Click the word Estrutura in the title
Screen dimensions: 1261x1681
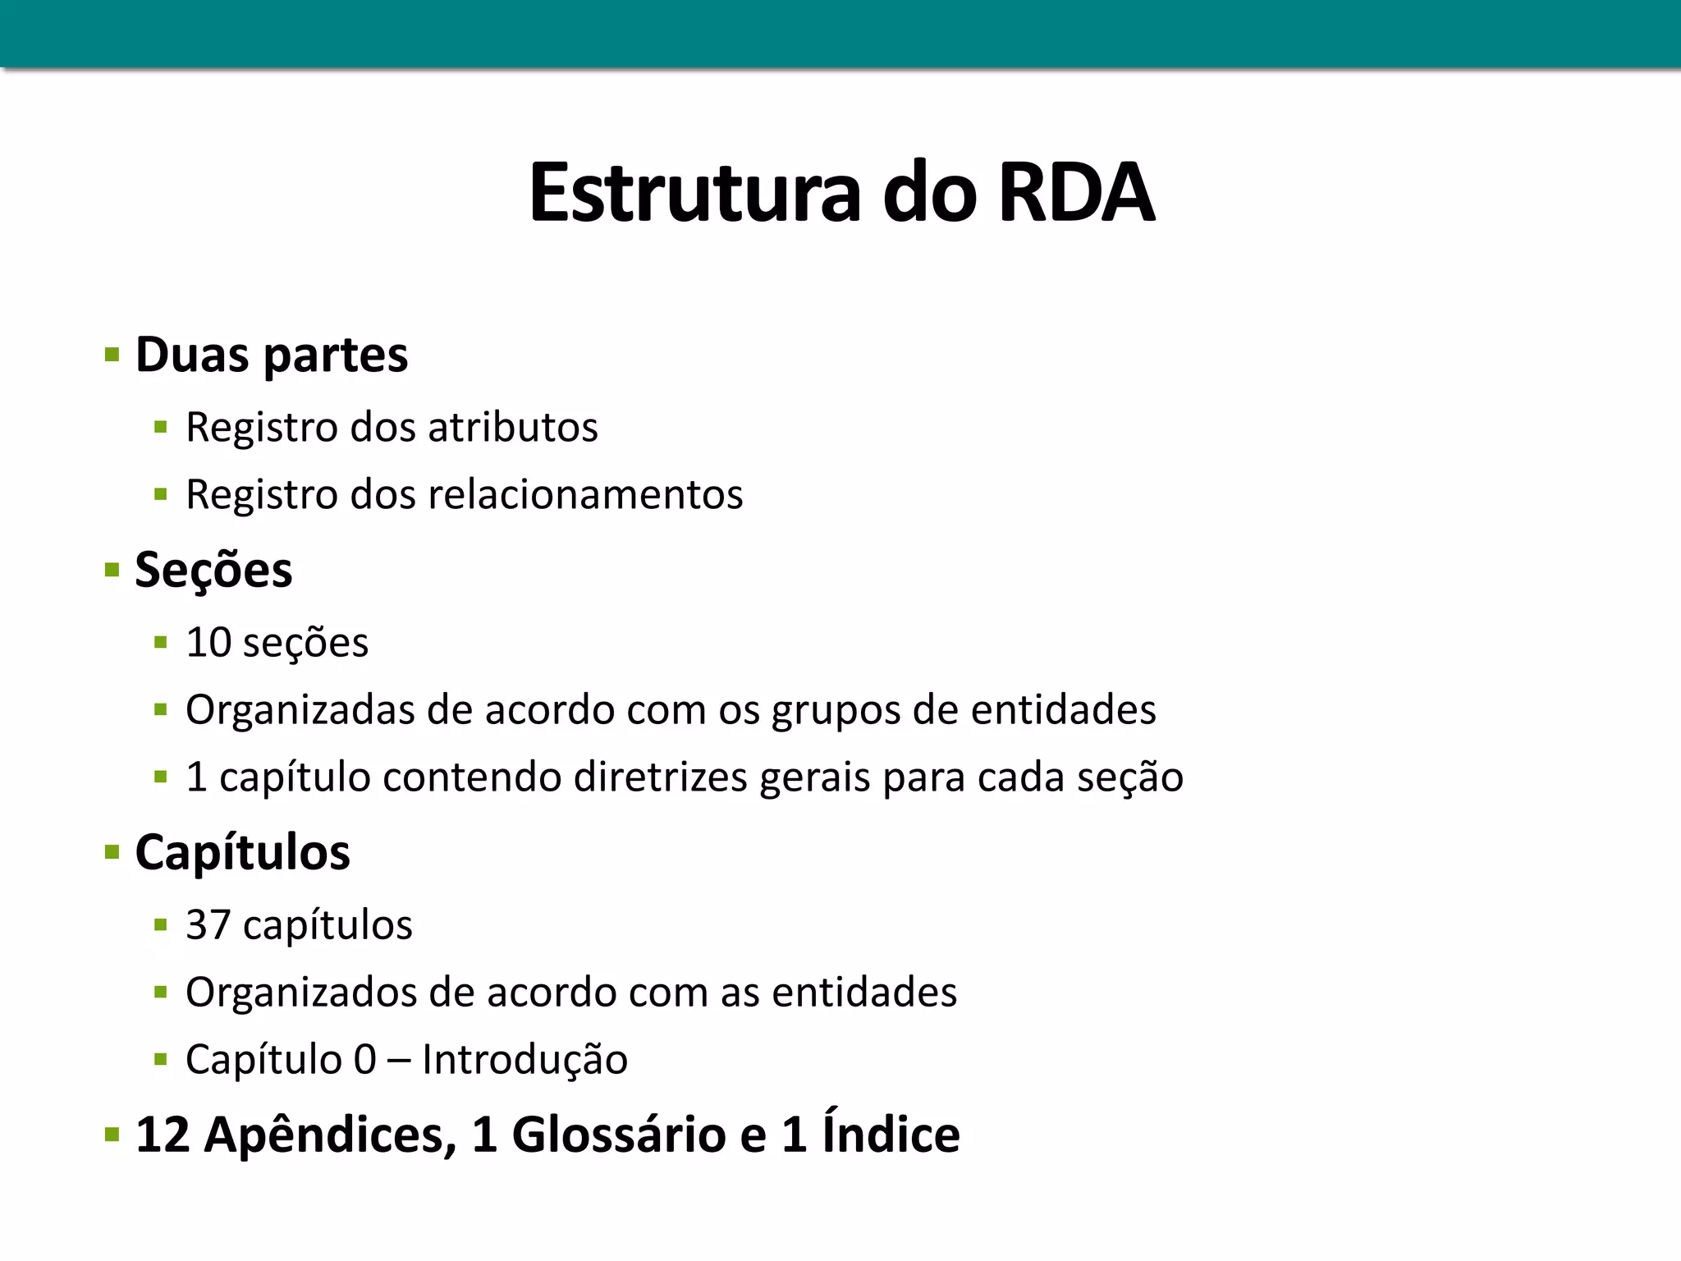[694, 194]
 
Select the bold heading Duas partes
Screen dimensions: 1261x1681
[271, 355]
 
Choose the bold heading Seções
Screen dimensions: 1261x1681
[213, 570]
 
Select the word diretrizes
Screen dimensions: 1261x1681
[660, 777]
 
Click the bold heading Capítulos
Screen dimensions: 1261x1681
[242, 852]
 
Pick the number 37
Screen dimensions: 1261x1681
[208, 924]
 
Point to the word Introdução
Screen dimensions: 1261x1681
[524, 1059]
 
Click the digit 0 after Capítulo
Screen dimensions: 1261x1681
[364, 1059]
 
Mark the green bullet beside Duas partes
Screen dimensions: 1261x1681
[112, 356]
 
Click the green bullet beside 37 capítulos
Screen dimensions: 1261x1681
[161, 926]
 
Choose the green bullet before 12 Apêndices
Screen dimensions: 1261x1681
[112, 1136]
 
